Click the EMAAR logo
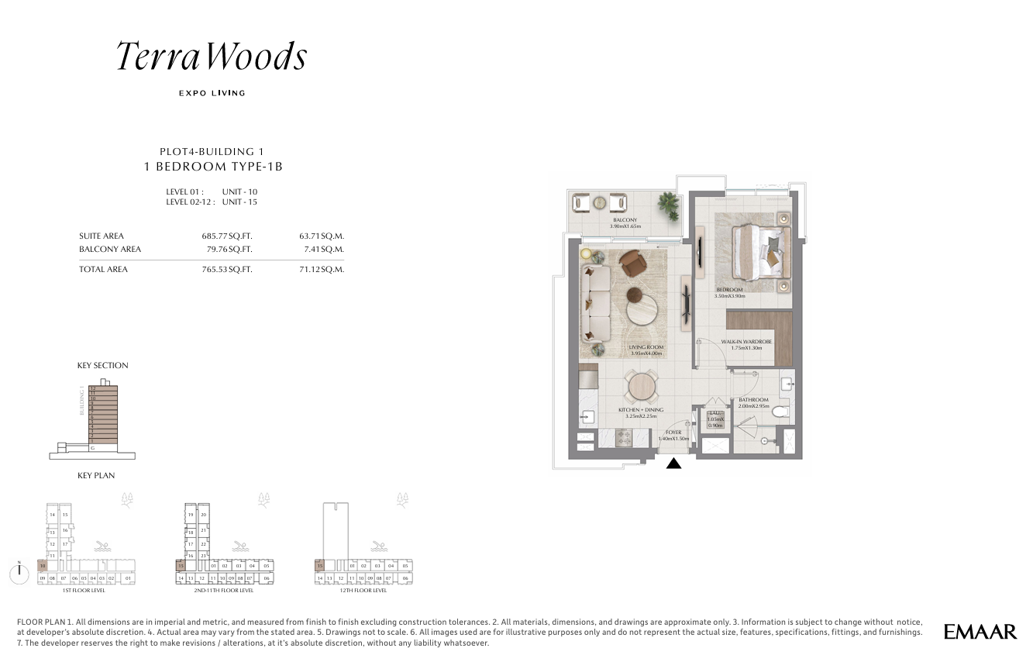[x=980, y=632]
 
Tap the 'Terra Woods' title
[x=212, y=57]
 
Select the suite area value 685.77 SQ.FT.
[x=227, y=236]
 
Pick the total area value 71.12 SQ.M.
[x=322, y=270]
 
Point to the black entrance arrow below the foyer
[x=674, y=464]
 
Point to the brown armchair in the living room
[x=637, y=264]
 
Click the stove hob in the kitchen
[x=625, y=438]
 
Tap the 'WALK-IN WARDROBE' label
[x=745, y=342]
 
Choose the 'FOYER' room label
[x=673, y=433]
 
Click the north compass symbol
[x=16, y=573]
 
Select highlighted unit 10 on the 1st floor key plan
[x=43, y=567]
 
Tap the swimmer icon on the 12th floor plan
[x=380, y=546]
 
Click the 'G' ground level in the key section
[x=92, y=447]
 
